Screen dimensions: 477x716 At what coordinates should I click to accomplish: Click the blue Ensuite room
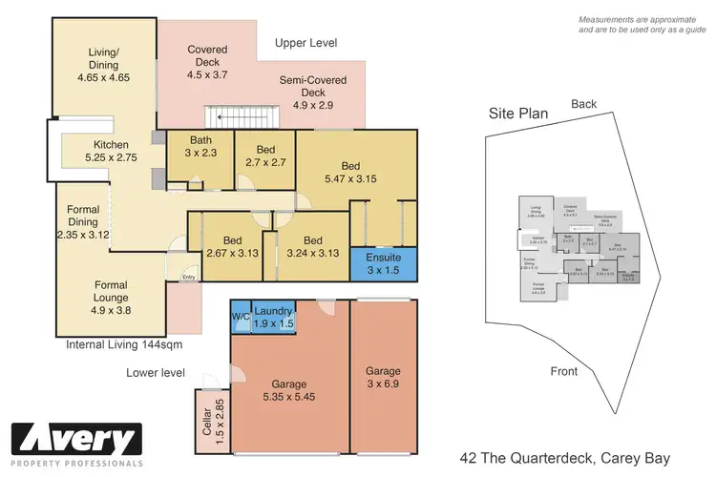383,263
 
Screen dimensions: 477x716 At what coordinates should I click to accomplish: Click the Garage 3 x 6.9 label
382,378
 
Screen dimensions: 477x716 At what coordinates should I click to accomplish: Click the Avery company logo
76,443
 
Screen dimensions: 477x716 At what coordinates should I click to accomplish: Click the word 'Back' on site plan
584,103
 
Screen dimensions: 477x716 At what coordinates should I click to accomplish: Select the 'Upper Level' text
305,44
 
